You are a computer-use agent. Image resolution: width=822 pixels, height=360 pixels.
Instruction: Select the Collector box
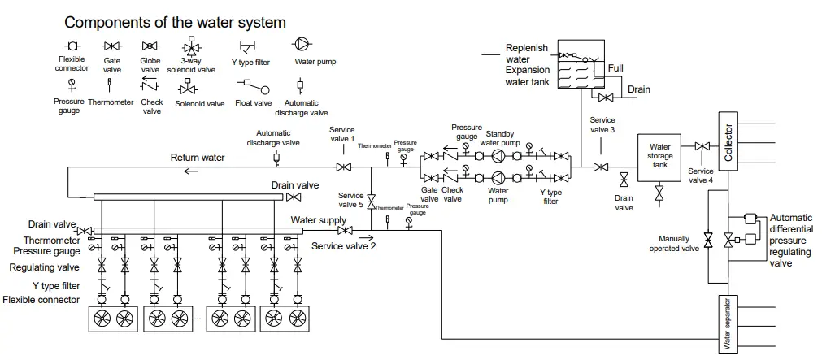728,141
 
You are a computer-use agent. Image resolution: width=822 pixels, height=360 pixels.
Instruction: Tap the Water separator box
727,323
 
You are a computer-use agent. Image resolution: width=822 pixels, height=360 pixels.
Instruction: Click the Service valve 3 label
602,124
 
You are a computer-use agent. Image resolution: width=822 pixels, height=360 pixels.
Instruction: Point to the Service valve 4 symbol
701,147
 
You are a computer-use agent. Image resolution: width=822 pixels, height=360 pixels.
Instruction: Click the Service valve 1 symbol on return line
343,167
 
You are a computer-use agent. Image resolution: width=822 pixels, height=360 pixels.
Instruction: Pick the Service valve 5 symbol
371,198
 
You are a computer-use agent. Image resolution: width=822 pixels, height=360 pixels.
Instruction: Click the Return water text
197,158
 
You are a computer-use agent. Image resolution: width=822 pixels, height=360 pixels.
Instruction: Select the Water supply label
319,219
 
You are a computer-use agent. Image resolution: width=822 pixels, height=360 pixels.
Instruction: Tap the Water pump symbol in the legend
301,44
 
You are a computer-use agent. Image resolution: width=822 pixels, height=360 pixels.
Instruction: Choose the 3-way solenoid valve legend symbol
192,45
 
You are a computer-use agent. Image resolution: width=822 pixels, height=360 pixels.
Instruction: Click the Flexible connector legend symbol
72,46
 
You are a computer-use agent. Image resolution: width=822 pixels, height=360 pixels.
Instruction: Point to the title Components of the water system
175,22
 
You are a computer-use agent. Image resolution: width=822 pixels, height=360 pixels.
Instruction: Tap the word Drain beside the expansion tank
638,89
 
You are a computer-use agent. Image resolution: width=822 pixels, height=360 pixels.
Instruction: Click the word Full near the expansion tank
615,68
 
